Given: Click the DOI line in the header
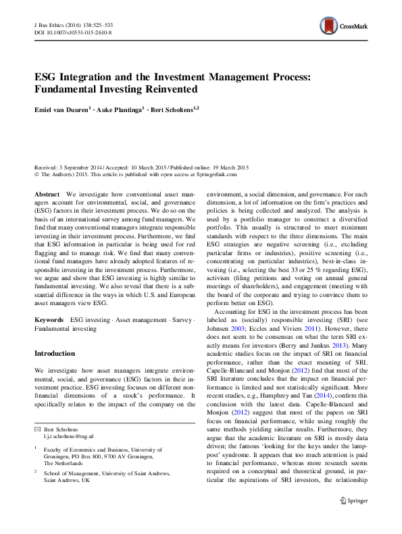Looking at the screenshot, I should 73,32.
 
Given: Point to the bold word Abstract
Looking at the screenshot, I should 47,194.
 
